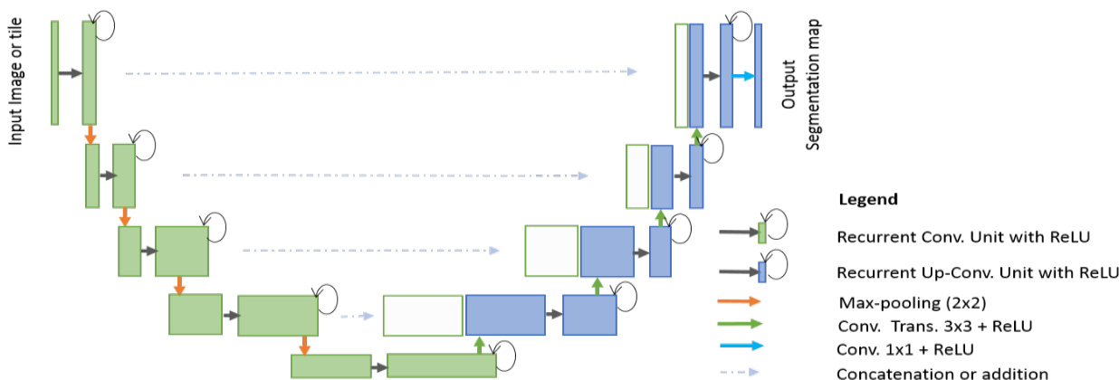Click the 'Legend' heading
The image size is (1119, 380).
[x=868, y=199]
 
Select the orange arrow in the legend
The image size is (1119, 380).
[x=740, y=302]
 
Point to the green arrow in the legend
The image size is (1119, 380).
[x=740, y=324]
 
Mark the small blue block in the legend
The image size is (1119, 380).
[x=762, y=269]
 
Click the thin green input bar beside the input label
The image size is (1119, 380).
[x=55, y=72]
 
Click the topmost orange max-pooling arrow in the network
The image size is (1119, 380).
[x=90, y=134]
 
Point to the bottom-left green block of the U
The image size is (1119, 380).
[x=330, y=366]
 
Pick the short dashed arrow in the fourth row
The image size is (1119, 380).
[x=357, y=317]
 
